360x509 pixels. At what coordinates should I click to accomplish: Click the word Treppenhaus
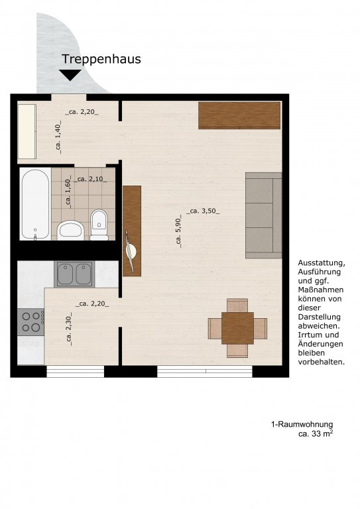click(101, 60)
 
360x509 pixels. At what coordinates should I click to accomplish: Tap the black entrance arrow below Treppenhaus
click(70, 75)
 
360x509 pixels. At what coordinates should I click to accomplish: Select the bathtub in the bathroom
click(35, 204)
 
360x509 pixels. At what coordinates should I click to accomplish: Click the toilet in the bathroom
click(99, 225)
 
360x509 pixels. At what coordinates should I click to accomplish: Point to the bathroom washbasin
click(71, 230)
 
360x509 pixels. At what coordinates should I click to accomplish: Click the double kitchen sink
click(75, 274)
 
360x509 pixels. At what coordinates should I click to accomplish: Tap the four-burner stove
click(31, 322)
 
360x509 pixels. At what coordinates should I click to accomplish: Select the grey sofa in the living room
click(264, 215)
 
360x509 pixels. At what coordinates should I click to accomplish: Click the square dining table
click(237, 328)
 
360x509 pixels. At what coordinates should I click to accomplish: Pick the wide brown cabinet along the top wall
click(239, 115)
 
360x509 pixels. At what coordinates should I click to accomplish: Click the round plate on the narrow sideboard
click(131, 251)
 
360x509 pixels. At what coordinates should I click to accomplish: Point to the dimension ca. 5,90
click(178, 231)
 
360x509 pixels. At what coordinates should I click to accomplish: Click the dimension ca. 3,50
click(203, 211)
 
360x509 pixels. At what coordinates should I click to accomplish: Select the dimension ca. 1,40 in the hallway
click(58, 137)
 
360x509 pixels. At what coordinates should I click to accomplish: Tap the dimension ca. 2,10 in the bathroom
click(90, 179)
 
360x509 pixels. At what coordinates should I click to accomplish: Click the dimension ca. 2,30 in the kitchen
click(69, 329)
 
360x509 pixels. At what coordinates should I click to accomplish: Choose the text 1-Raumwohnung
click(302, 425)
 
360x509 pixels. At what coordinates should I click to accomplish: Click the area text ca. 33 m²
click(316, 433)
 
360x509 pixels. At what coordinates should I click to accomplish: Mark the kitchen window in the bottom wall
click(76, 371)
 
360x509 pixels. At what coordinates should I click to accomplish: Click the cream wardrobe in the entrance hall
click(27, 131)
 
